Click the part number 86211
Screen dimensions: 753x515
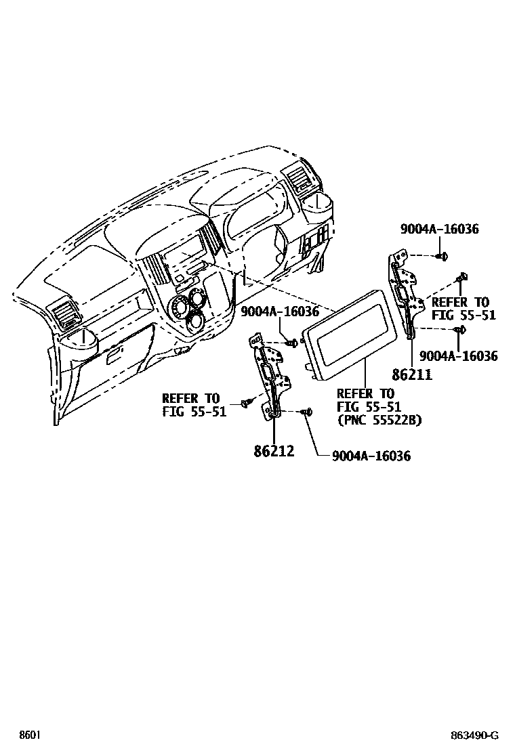point(411,373)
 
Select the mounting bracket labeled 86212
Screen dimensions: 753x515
point(270,379)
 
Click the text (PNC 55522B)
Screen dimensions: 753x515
point(379,420)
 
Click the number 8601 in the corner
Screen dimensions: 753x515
point(30,735)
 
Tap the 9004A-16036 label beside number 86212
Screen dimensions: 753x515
point(371,456)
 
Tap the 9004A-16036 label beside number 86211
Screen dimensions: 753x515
point(459,356)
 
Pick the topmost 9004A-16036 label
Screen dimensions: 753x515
point(439,229)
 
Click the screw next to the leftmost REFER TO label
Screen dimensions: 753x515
point(245,404)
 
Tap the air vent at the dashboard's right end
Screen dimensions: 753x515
point(298,179)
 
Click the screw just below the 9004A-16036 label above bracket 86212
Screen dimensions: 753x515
point(293,343)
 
